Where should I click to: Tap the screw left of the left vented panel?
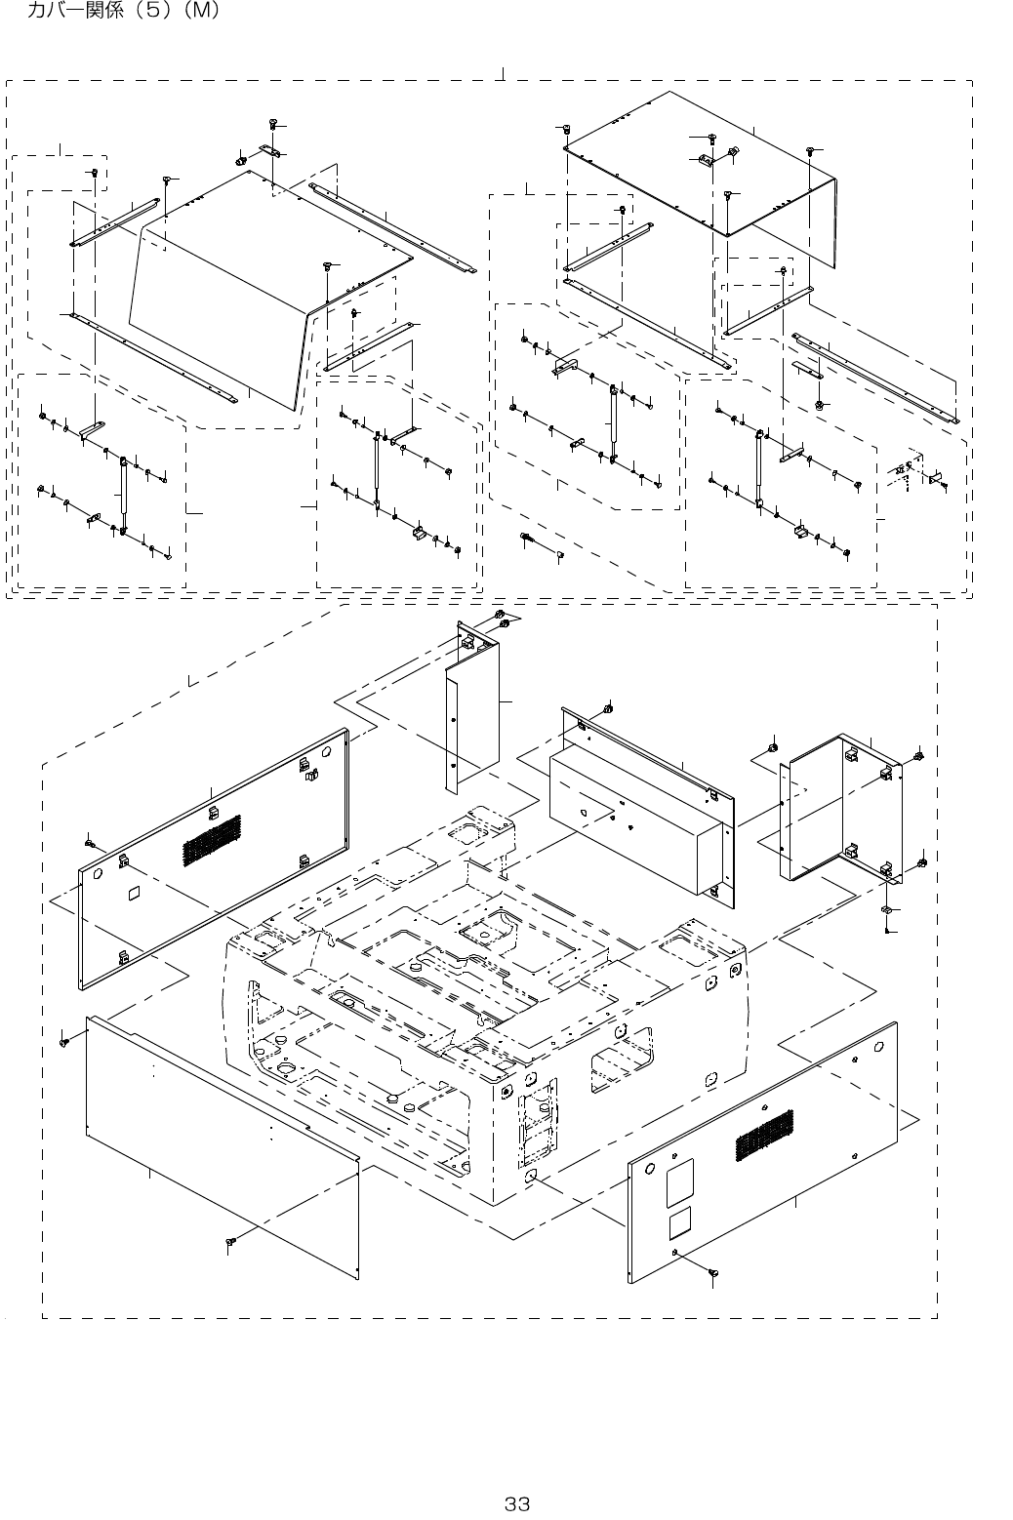coord(89,842)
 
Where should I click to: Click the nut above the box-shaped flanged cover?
coord(609,707)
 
